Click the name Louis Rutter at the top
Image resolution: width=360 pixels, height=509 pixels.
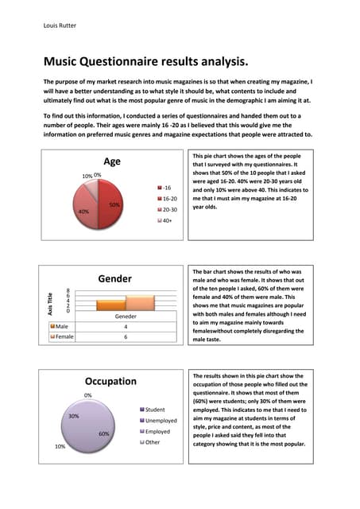point(61,25)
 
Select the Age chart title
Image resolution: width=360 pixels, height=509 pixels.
point(112,161)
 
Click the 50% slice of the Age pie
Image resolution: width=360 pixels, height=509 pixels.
point(110,205)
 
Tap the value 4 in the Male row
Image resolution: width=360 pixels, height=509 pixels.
point(126,326)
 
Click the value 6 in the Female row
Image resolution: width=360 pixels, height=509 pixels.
point(126,336)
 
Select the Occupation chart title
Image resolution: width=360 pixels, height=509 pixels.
point(110,381)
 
